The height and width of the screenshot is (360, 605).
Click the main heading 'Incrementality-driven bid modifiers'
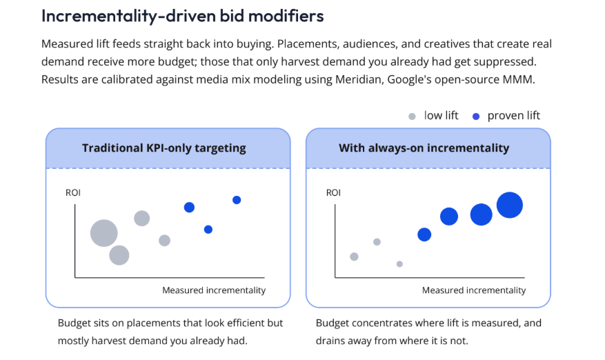183,16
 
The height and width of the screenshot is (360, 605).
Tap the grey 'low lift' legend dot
412,117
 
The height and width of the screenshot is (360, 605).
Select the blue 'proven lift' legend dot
476,117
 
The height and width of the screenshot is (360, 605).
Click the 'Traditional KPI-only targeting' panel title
164,148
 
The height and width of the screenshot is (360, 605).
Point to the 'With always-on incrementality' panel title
424,148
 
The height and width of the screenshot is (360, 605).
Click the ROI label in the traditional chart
73,192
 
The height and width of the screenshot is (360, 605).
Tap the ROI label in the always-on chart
333,192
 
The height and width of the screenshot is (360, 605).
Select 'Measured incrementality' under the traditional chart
214,290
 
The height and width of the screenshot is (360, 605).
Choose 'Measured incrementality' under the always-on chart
474,290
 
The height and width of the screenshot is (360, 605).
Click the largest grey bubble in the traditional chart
103,233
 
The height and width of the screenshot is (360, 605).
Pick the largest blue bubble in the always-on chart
510,205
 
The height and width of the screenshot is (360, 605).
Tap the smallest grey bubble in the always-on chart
399,264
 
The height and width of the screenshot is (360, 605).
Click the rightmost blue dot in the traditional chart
237,200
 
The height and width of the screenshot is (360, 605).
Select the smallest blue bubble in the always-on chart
424,234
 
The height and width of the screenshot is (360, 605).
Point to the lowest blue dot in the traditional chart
208,230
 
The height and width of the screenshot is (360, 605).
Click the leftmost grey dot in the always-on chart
354,257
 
